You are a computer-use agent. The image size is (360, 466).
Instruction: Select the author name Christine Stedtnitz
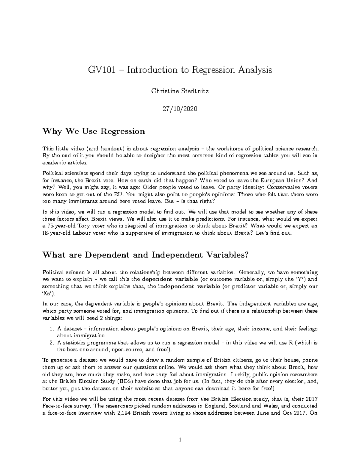180,91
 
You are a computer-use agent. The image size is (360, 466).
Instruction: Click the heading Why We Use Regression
94,131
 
